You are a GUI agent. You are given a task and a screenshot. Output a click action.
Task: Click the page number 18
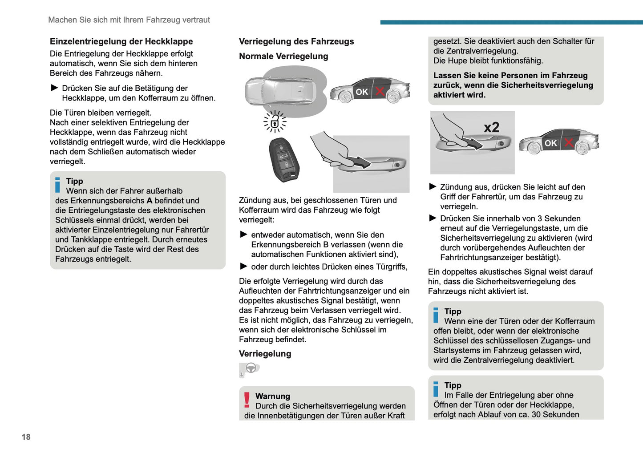tap(26, 437)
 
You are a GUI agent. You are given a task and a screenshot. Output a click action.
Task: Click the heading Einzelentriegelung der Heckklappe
tap(121, 41)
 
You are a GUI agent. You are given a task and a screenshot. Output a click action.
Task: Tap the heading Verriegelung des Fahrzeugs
tap(296, 41)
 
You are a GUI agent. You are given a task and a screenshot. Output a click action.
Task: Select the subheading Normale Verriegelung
tap(283, 56)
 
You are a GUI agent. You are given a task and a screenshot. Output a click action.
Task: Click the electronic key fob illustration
tap(284, 160)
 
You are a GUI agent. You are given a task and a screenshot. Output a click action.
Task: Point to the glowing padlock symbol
tap(275, 121)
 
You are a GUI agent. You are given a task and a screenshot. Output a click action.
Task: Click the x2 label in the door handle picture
tap(491, 127)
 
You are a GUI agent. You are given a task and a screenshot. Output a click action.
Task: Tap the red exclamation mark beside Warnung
tap(247, 400)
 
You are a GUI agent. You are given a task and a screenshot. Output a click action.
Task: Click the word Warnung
tap(272, 396)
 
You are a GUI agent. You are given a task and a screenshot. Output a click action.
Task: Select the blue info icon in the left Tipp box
tap(57, 185)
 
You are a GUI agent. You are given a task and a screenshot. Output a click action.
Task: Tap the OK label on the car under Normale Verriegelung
tap(362, 92)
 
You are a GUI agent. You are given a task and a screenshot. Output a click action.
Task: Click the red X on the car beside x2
tap(568, 142)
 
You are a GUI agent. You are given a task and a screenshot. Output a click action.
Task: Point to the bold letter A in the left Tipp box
tap(149, 201)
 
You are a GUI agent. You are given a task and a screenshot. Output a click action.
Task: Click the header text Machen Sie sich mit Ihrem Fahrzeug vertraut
tap(129, 20)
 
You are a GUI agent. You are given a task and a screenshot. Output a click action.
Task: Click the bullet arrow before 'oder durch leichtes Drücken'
tap(243, 266)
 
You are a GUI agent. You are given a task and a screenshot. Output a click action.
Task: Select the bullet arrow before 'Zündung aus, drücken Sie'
tap(433, 186)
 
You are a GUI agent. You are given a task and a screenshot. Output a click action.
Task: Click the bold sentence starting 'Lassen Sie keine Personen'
tap(513, 85)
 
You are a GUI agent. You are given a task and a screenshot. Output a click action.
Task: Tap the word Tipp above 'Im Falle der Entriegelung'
tap(453, 385)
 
